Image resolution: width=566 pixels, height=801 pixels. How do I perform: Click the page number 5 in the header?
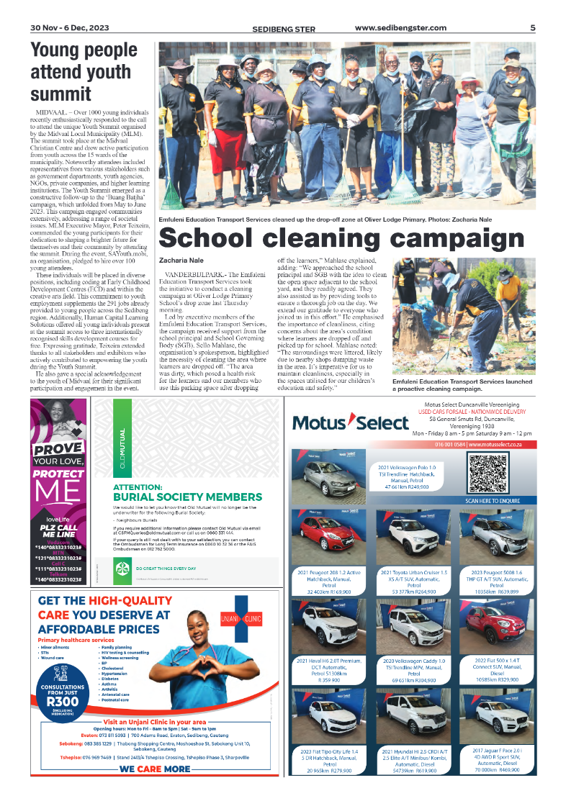532,28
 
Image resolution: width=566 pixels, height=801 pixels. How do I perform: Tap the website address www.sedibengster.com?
400,28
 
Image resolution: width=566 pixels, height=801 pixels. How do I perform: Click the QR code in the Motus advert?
488,472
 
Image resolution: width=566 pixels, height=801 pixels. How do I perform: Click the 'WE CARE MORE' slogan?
156,769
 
